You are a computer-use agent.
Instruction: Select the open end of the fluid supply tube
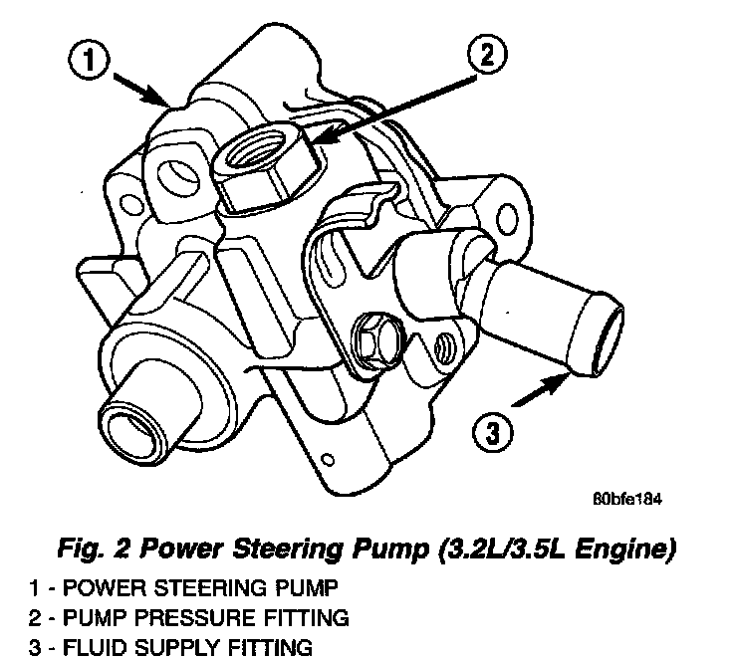click(595, 330)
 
